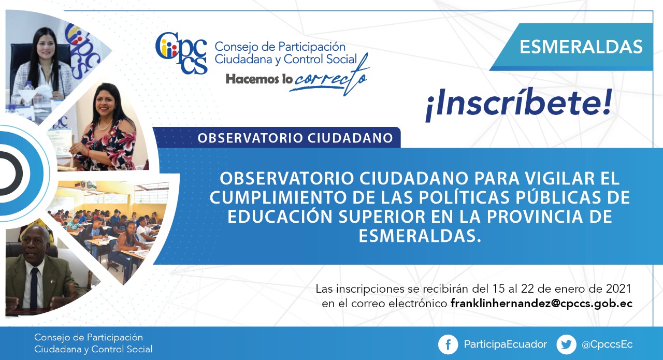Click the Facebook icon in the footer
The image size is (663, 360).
(448, 344)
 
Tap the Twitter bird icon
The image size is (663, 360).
(566, 344)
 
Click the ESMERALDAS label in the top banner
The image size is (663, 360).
(581, 47)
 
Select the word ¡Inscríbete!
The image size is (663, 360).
(518, 104)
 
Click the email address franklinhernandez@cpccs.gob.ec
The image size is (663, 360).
(541, 304)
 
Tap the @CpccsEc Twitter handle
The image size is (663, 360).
(607, 344)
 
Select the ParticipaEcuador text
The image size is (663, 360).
(505, 344)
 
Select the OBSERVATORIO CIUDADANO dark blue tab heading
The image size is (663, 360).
(295, 138)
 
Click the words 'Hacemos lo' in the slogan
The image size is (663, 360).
(259, 79)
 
